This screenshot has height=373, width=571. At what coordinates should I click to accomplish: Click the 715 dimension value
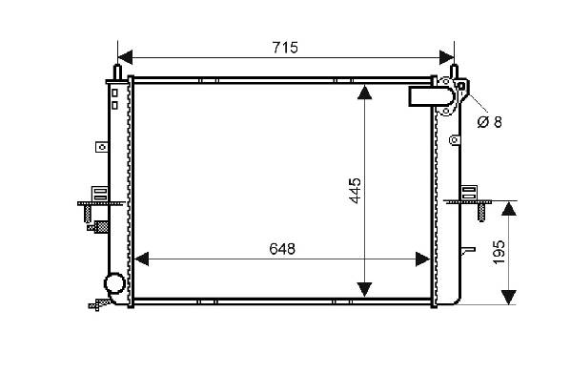pos(285,48)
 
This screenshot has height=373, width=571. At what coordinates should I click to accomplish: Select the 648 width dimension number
pos(282,249)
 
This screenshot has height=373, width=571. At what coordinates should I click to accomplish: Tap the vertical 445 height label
pos(355,190)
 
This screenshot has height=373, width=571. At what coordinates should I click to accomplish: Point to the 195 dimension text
pos(499,252)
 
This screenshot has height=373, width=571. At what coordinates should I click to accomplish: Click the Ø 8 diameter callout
pos(489,122)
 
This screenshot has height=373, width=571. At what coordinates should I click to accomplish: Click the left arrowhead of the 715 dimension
pos(125,57)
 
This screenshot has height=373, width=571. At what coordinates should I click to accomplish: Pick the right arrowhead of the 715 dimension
pos(447,57)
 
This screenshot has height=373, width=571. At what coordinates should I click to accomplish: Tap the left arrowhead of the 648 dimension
pos(142,259)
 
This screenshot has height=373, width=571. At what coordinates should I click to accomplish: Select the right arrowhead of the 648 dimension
pos(423,259)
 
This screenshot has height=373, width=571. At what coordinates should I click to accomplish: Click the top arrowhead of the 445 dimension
pos(364,93)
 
